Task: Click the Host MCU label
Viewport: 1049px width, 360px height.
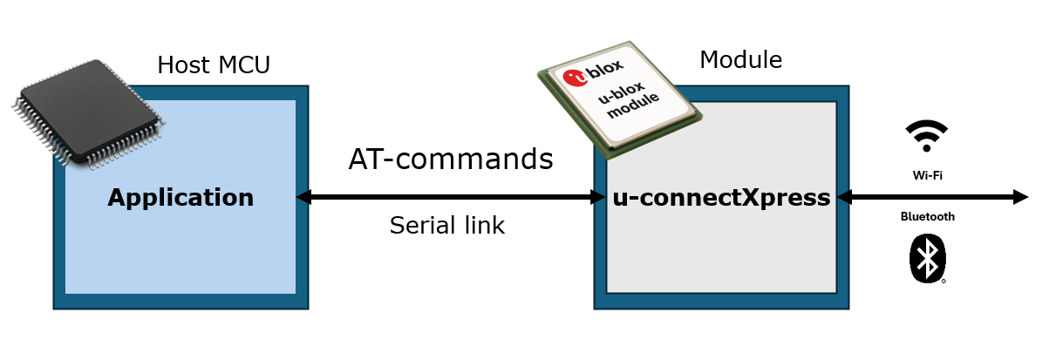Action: pyautogui.click(x=214, y=65)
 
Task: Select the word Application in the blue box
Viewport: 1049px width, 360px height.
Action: pyautogui.click(x=181, y=198)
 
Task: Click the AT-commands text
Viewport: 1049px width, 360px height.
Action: pyautogui.click(x=451, y=160)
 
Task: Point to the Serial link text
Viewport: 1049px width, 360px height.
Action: pyautogui.click(x=446, y=225)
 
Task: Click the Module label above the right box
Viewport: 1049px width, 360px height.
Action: pyautogui.click(x=740, y=60)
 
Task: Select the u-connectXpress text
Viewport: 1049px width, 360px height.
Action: pyautogui.click(x=720, y=198)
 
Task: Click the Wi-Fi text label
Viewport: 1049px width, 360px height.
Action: pyautogui.click(x=927, y=175)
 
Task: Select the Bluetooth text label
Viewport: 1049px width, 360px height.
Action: pyautogui.click(x=927, y=217)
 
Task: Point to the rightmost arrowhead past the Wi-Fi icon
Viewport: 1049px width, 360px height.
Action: pyautogui.click(x=1021, y=198)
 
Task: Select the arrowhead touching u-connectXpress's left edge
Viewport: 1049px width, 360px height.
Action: pyautogui.click(x=599, y=198)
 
